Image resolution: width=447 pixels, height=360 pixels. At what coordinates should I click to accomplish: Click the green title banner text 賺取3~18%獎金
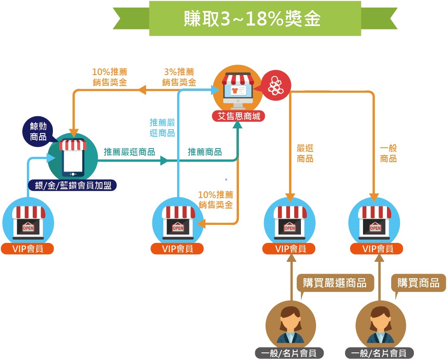(x=252, y=18)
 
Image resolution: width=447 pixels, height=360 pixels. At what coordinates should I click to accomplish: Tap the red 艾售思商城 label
(x=238, y=116)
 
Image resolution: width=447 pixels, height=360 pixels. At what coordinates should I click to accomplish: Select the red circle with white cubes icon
(x=276, y=86)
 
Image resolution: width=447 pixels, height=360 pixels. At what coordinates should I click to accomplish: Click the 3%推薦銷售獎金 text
(x=179, y=77)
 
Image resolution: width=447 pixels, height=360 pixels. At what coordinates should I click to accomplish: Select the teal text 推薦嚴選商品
(x=129, y=152)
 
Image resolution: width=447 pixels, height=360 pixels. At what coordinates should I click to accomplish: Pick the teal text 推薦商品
(x=205, y=152)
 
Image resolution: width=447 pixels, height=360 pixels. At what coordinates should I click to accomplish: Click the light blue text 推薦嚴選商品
(x=162, y=128)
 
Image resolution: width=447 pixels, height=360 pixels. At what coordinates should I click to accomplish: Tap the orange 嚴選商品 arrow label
(x=305, y=154)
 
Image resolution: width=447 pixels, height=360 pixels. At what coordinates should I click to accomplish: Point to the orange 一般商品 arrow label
(x=388, y=154)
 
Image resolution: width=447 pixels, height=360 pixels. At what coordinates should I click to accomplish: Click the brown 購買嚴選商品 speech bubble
(x=335, y=283)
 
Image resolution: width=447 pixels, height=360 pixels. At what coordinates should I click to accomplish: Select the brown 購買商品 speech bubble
(x=418, y=283)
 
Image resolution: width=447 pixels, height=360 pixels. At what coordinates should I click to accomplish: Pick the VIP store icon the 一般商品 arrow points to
(x=375, y=221)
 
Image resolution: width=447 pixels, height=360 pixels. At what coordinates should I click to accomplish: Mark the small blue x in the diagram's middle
(x=226, y=180)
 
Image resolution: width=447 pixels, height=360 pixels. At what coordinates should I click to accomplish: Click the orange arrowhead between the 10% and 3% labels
(x=142, y=90)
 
